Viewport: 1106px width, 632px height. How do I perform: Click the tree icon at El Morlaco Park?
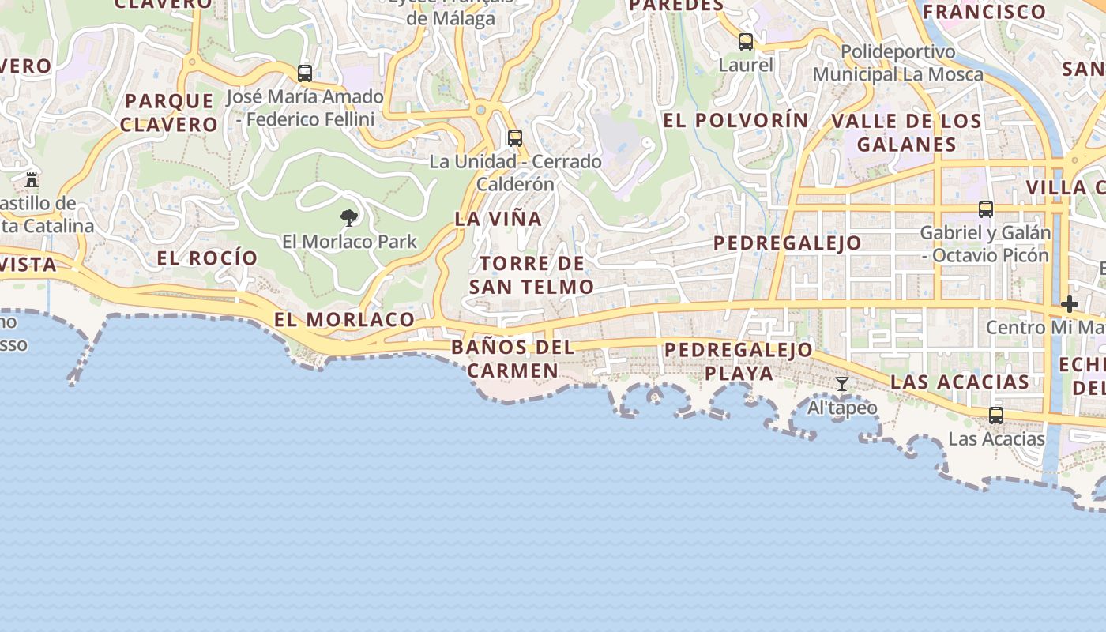pyautogui.click(x=348, y=218)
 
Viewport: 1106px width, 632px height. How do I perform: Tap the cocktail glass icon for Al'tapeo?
pyautogui.click(x=842, y=384)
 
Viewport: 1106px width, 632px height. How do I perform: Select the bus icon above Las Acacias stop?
pyautogui.click(x=996, y=415)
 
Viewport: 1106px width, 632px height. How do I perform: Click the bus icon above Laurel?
pyautogui.click(x=746, y=42)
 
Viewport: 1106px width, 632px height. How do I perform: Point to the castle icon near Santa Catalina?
pyautogui.click(x=32, y=179)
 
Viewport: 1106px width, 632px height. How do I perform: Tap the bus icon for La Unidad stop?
pyautogui.click(x=515, y=138)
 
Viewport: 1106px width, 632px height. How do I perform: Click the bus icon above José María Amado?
pyautogui.click(x=305, y=73)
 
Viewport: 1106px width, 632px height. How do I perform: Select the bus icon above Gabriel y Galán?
pyautogui.click(x=986, y=209)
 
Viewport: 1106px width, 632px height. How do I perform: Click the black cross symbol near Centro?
pyautogui.click(x=1070, y=304)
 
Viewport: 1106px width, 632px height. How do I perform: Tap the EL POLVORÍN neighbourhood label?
pyautogui.click(x=735, y=120)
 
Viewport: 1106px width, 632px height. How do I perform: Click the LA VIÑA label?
pyautogui.click(x=498, y=219)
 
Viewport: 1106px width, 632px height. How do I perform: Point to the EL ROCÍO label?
pyautogui.click(x=207, y=258)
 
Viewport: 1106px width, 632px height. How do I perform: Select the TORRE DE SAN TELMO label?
pyautogui.click(x=532, y=275)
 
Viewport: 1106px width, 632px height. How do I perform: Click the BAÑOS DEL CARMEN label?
pyautogui.click(x=513, y=359)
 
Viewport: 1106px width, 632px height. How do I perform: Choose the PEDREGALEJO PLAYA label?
pyautogui.click(x=739, y=361)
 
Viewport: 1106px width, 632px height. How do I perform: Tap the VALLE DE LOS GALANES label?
pyautogui.click(x=906, y=133)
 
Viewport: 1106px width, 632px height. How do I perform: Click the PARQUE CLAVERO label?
pyautogui.click(x=169, y=112)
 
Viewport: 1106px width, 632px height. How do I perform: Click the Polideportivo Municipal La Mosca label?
pyautogui.click(x=898, y=63)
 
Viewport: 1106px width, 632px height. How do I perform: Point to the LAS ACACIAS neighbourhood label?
pyautogui.click(x=960, y=382)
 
